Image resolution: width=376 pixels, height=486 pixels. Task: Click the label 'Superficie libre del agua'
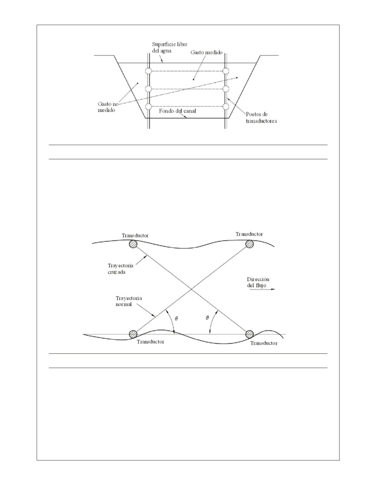(170, 47)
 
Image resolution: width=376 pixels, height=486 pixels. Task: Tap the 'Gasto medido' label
(206, 52)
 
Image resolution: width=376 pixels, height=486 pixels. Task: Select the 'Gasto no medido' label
(108, 107)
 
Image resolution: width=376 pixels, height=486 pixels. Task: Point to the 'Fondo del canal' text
(177, 111)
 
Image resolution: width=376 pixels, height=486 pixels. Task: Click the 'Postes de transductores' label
(261, 117)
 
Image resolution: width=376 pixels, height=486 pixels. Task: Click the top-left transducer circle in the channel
(148, 71)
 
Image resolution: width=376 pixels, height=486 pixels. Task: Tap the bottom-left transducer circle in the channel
(148, 107)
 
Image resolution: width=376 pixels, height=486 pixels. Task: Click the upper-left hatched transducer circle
(133, 244)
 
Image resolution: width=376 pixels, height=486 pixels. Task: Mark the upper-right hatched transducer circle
(249, 244)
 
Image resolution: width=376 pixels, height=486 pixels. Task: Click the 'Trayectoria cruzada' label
(120, 269)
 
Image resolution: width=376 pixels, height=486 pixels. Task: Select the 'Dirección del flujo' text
(258, 282)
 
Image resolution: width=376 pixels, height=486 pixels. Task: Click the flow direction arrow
(262, 289)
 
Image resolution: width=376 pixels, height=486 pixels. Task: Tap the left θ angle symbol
(176, 318)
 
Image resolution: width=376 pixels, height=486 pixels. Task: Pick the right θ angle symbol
(207, 317)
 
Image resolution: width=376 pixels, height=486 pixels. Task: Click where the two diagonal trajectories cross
(191, 289)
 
